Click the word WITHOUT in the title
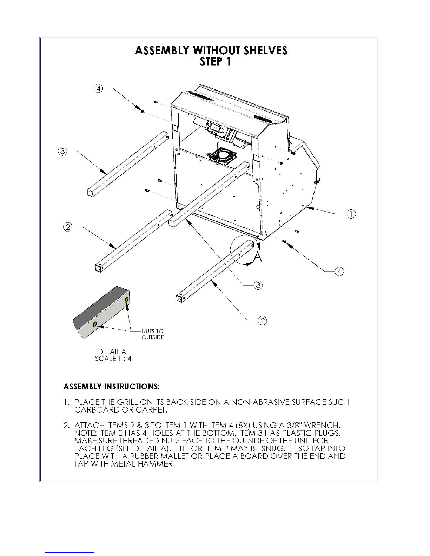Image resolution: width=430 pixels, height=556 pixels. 217,51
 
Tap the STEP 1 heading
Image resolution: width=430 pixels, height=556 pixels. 216,62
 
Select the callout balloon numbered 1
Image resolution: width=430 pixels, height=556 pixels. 351,214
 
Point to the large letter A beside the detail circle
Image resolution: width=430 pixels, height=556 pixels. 258,257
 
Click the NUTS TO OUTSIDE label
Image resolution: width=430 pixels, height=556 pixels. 153,334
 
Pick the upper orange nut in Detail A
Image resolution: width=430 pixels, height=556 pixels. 126,300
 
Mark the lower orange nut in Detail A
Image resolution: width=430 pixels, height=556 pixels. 94,324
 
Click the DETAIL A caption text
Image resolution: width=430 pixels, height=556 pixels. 112,351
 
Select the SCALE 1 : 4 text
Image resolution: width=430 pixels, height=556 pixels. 113,359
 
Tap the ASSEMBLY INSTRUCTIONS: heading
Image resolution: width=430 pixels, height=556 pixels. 112,386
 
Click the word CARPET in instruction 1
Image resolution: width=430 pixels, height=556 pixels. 151,410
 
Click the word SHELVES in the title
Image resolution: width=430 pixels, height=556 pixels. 265,51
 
